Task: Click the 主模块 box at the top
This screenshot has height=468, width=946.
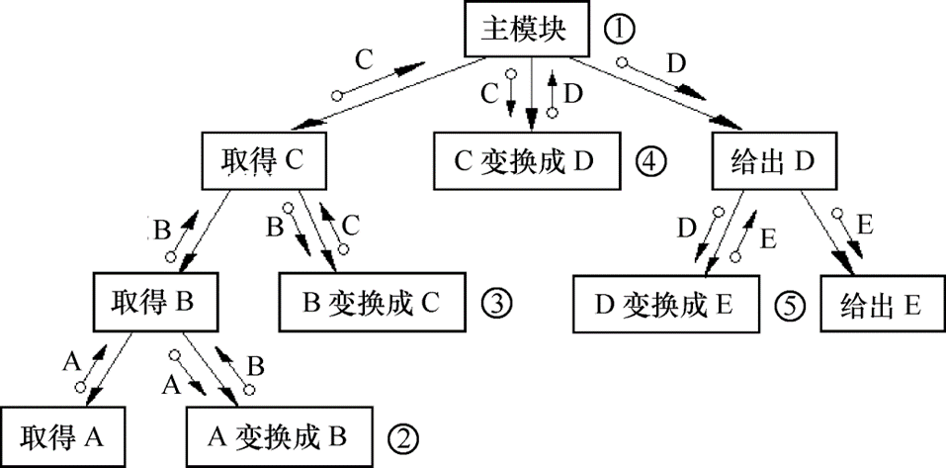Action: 524,31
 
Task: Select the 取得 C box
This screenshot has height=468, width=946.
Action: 264,158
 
